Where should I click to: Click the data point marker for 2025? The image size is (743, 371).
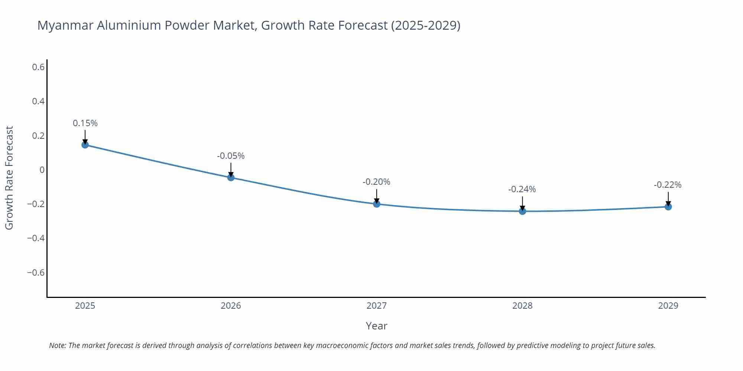pos(85,145)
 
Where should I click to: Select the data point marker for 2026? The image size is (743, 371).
pos(231,177)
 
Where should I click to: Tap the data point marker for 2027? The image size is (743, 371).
pos(377,204)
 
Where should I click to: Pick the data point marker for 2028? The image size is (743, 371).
pos(522,211)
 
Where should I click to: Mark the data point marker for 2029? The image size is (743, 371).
pos(668,207)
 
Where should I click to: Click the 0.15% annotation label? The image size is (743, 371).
pos(85,123)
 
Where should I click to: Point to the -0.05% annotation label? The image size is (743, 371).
pos(231,156)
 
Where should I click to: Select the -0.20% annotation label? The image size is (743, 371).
pos(376,182)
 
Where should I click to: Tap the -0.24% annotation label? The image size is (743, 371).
pos(522,189)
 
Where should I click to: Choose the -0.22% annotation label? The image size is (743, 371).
pos(668,185)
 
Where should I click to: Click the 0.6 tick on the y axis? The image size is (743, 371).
pos(38,67)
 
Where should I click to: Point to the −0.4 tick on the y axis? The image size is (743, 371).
pos(36,238)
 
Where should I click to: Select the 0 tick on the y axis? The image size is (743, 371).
pos(42,170)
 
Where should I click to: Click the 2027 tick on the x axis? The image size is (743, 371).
pos(377,306)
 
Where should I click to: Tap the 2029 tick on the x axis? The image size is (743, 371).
pos(668,306)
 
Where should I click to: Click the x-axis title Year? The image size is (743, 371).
pos(376,326)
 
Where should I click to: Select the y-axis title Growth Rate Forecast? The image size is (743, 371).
pos(9,178)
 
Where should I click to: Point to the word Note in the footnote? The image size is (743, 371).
pos(57,345)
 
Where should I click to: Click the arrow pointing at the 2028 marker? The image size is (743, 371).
pos(522,203)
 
